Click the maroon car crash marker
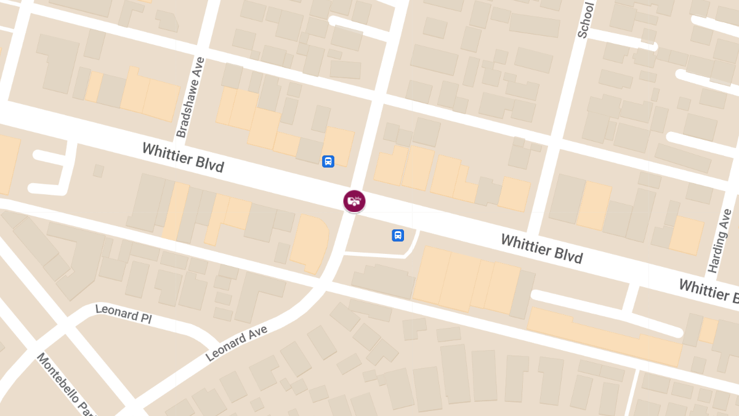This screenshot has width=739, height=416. (x=354, y=201)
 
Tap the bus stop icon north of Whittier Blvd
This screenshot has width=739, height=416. (x=328, y=161)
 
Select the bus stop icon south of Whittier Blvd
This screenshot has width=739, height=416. (x=398, y=235)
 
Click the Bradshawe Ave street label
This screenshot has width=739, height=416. (x=190, y=97)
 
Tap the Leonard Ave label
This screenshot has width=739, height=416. (x=236, y=343)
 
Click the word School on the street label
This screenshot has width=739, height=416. (x=586, y=20)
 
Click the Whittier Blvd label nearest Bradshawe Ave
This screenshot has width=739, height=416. (x=183, y=158)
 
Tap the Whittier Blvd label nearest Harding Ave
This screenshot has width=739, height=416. (x=541, y=248)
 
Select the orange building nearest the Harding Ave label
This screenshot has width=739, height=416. (x=686, y=235)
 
